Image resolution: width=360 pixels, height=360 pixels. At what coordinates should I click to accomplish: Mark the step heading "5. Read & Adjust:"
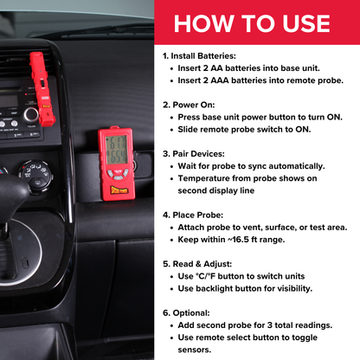[201, 262]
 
